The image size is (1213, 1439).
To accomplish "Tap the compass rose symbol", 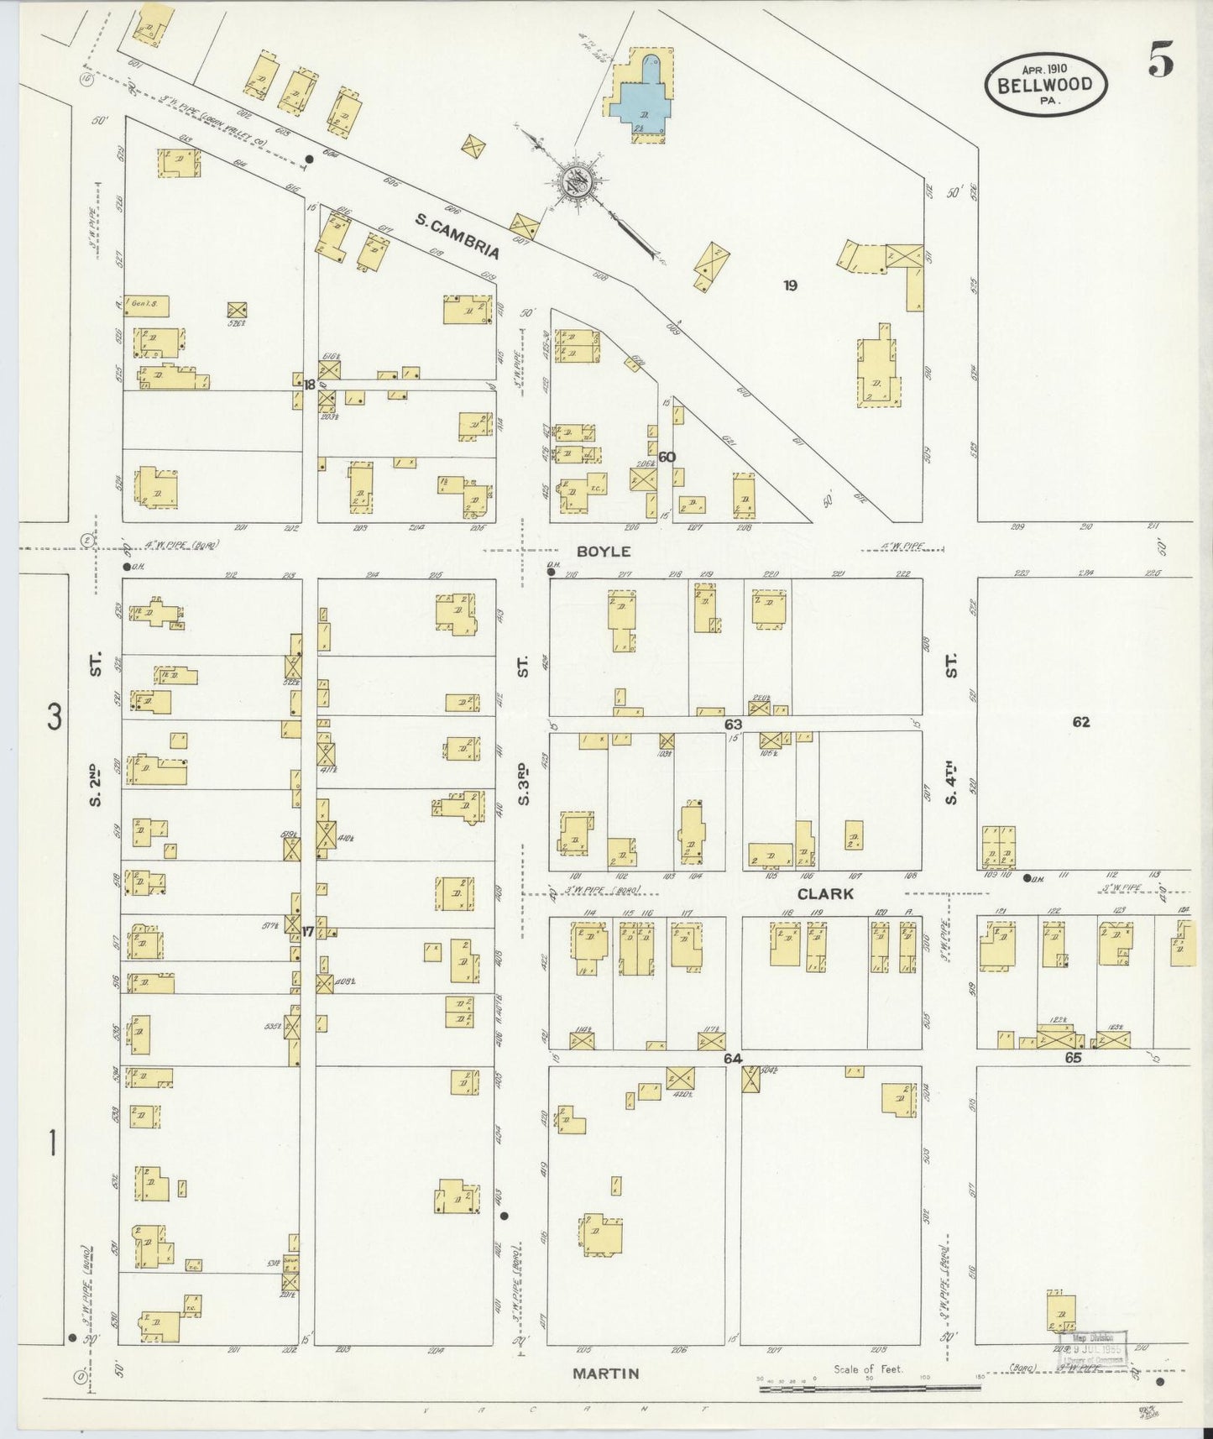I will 578,180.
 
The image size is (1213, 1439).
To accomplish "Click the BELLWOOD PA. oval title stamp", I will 1045,84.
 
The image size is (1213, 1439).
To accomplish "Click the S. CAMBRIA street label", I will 457,235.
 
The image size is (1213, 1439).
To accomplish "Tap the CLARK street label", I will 825,894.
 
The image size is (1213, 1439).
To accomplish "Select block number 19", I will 790,285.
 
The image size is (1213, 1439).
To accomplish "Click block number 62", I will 1081,721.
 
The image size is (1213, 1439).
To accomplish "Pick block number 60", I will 667,458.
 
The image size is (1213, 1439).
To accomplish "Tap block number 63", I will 734,723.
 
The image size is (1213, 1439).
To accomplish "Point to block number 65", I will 1073,1059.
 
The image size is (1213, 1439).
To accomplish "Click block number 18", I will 310,385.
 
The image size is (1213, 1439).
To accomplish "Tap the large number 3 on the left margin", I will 55,717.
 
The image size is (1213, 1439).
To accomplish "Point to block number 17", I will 308,931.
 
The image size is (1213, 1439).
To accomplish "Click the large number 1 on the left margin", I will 53,1143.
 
